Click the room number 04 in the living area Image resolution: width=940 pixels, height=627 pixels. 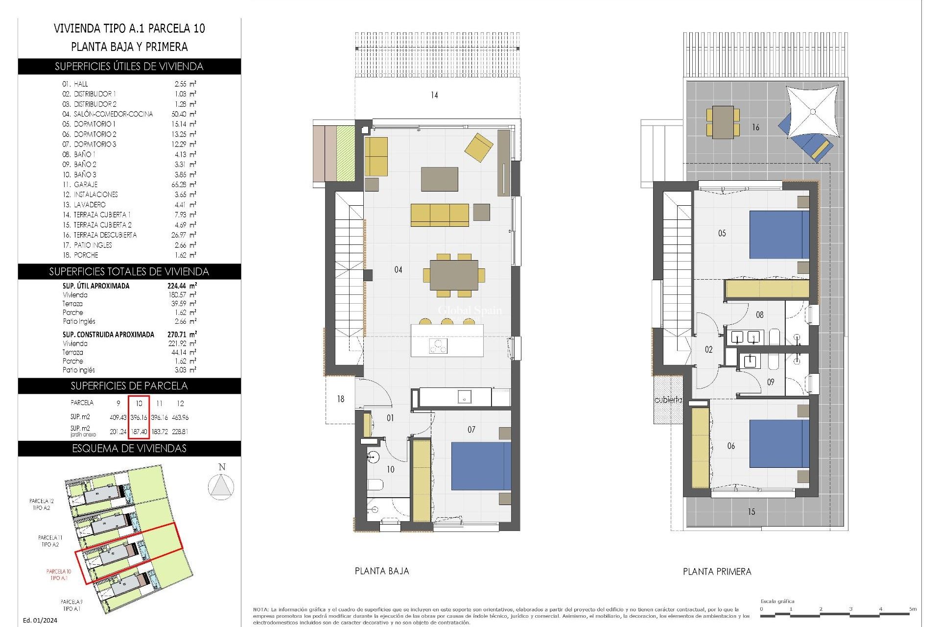398,269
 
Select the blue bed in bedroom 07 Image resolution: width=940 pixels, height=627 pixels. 480,466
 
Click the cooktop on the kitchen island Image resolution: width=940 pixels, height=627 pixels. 438,346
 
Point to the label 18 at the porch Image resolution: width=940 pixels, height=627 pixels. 341,399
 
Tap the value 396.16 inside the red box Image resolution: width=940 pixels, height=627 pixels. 139,417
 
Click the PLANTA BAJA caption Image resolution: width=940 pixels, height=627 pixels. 381,571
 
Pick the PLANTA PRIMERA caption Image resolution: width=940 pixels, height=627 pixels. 717,572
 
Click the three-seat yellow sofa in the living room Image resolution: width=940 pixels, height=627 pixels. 440,215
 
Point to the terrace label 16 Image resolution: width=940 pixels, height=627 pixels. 755,127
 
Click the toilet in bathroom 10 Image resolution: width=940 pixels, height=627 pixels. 375,485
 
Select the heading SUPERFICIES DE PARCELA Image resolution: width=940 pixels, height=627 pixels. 129,386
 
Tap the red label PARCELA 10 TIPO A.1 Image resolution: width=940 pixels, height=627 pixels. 59,575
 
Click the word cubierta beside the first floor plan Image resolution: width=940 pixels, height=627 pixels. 668,400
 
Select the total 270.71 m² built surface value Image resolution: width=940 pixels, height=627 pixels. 182,335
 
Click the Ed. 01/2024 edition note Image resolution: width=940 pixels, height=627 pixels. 40,620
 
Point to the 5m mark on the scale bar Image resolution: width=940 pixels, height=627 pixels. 912,609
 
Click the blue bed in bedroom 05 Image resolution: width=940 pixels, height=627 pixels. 778,235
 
